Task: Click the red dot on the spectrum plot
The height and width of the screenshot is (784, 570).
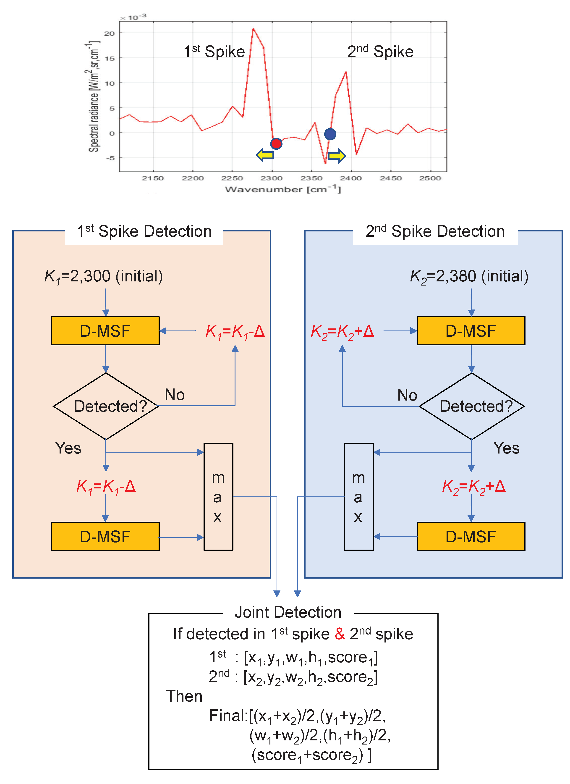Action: (276, 143)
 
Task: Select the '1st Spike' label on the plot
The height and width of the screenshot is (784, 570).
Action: (214, 52)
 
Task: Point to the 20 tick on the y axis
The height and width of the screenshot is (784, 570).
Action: (109, 34)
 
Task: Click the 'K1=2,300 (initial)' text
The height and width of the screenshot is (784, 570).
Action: (103, 276)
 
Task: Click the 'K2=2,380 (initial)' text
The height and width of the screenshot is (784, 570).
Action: (469, 276)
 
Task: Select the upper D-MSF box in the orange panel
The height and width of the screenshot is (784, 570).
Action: (105, 331)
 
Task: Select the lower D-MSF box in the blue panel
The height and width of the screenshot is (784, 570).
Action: (471, 536)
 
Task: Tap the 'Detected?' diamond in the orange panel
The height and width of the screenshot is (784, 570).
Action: (106, 406)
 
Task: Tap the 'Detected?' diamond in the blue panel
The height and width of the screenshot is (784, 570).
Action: (471, 406)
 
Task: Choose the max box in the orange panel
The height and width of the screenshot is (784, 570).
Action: (218, 496)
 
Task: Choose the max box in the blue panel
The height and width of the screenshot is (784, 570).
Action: (358, 496)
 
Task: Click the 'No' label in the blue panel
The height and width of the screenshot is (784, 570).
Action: (407, 395)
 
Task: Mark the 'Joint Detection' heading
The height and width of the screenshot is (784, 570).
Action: (288, 612)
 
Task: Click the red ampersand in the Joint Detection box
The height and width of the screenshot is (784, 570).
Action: (340, 634)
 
